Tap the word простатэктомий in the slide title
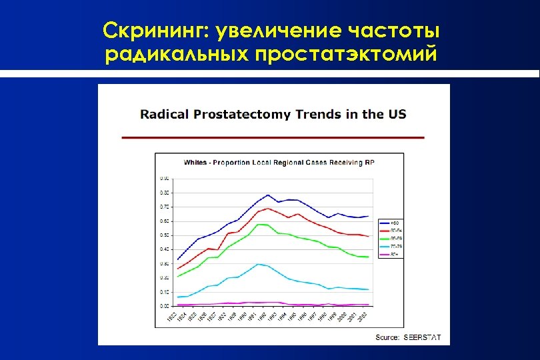[346, 55]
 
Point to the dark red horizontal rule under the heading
[273, 137]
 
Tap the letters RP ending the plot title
[379, 162]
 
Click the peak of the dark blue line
[268, 195]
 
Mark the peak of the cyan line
[258, 264]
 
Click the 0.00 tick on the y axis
[165, 306]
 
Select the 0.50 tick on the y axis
[165, 235]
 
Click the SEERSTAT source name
[423, 337]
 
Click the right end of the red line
[369, 237]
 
